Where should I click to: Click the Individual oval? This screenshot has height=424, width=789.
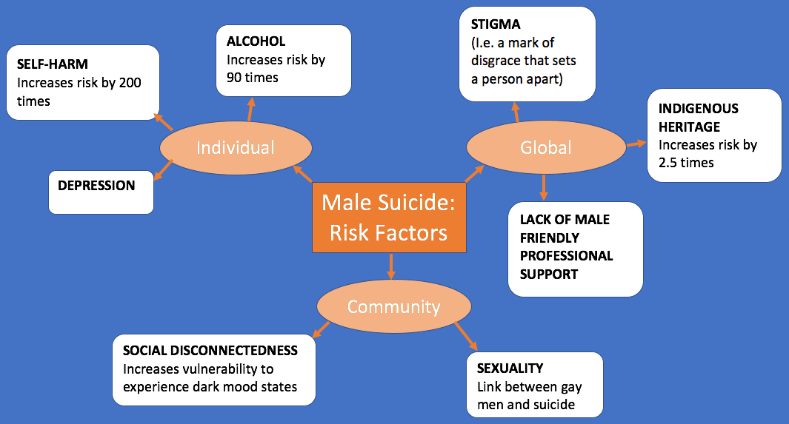pyautogui.click(x=235, y=147)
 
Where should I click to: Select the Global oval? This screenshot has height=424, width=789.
pyautogui.click(x=545, y=147)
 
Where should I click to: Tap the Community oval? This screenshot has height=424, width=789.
pyautogui.click(x=393, y=306)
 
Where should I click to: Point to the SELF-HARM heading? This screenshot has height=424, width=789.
pyautogui.click(x=52, y=64)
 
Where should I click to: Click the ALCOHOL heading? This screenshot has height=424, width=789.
pyautogui.click(x=256, y=41)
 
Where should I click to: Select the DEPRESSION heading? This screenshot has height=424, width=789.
pyautogui.click(x=96, y=185)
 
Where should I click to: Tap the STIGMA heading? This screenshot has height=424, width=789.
pyautogui.click(x=496, y=25)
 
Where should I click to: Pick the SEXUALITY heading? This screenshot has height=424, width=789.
pyautogui.click(x=510, y=368)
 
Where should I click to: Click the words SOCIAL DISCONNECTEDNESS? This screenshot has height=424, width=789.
pyautogui.click(x=210, y=350)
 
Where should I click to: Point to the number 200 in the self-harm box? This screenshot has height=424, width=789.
pyautogui.click(x=129, y=82)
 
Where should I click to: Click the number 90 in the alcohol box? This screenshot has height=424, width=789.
pyautogui.click(x=236, y=76)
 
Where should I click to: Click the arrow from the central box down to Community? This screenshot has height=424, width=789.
pyautogui.click(x=390, y=265)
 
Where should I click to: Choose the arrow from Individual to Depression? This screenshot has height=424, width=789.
pyautogui.click(x=163, y=171)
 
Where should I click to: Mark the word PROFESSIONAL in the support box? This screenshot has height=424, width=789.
pyautogui.click(x=566, y=255)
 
